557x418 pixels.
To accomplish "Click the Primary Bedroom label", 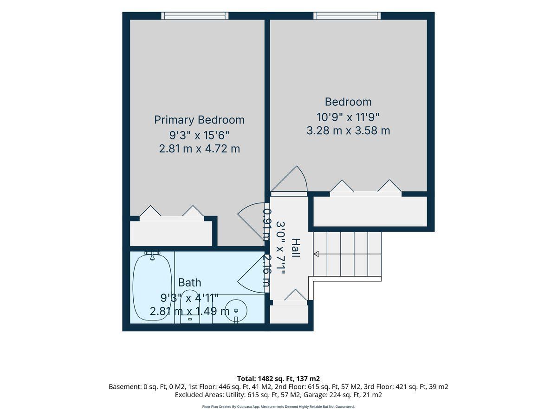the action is pyautogui.click(x=199, y=120).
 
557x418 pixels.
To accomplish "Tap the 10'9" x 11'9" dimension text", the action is pyautogui.click(x=348, y=117).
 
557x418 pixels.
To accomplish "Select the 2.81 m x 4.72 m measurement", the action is pyautogui.click(x=199, y=149).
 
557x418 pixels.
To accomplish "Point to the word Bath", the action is pyautogui.click(x=189, y=282).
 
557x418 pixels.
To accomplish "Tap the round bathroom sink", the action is pyautogui.click(x=236, y=310).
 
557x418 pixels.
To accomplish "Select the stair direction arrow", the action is pyautogui.click(x=316, y=254).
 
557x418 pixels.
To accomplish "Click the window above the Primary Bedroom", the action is pyautogui.click(x=194, y=16).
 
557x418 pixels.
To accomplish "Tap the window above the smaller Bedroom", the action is pyautogui.click(x=347, y=16).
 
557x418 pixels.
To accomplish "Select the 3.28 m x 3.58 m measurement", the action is pyautogui.click(x=348, y=131).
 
